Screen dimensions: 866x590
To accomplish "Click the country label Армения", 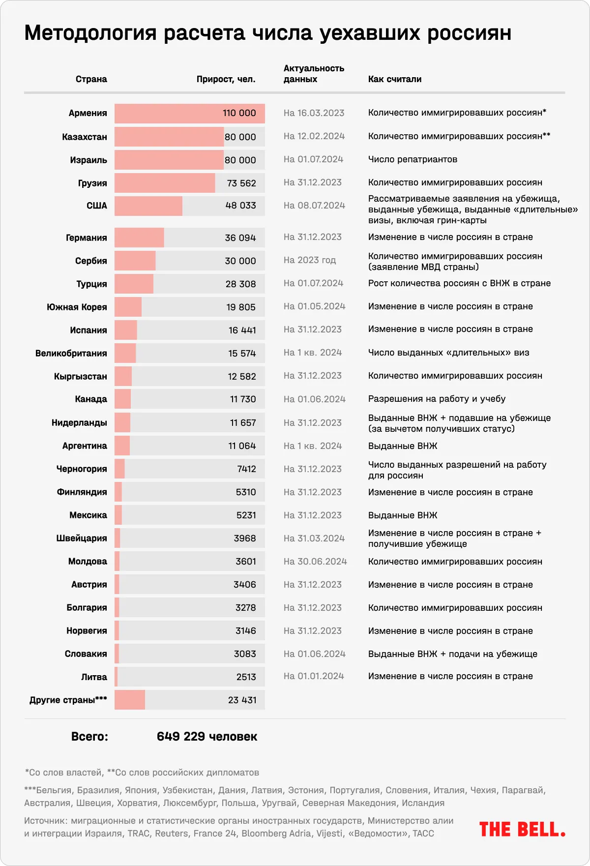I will (88, 113).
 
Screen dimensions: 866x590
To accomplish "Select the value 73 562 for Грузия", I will (241, 183).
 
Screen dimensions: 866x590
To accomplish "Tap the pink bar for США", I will (148, 206).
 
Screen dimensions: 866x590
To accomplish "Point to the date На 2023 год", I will (310, 260).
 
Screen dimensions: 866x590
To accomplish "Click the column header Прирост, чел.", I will (226, 79).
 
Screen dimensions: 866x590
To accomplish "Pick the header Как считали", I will (395, 79).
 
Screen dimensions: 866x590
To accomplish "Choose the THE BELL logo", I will (522, 830).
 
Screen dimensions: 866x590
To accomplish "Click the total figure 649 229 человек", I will (207, 737).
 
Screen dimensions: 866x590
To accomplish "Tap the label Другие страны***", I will (68, 700).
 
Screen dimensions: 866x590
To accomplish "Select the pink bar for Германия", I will (139, 238).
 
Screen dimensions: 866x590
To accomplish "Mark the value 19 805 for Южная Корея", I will (241, 307).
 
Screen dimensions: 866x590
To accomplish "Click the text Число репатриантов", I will (413, 159).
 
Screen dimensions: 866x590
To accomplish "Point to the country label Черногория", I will (82, 469).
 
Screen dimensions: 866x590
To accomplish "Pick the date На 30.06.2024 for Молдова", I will (315, 562).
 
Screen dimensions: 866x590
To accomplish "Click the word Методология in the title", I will (90, 33).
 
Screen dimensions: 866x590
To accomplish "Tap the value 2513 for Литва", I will (246, 677).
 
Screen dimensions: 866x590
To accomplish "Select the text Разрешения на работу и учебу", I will (437, 399).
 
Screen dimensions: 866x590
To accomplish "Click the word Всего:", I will (89, 737).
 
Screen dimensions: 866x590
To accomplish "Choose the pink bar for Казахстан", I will (169, 137).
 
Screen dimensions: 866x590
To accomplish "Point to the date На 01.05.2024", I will (314, 306).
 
